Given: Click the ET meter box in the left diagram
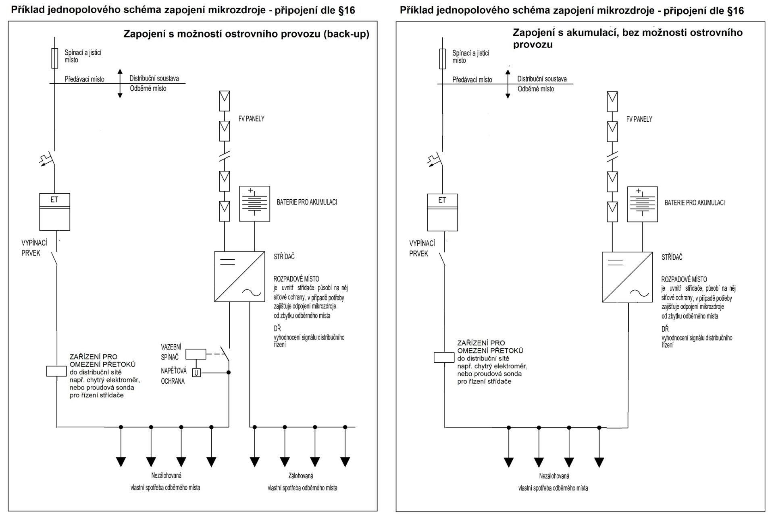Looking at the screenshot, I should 54,211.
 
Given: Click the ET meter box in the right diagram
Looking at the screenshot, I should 442,212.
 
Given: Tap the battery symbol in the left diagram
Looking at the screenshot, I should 254,204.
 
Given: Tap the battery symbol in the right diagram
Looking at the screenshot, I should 642,205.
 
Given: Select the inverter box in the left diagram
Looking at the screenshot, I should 239,277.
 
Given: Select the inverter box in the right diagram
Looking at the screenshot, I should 627,277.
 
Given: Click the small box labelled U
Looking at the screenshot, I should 196,373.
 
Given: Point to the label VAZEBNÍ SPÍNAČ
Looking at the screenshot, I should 171,352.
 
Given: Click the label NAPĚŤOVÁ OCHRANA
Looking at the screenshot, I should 173,376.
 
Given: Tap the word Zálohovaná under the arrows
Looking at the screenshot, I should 301,476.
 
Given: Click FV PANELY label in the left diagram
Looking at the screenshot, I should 251,119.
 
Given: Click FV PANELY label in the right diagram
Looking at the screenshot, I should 639,119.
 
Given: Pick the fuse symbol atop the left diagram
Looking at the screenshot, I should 55,58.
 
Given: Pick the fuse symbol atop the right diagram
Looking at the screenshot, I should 443,59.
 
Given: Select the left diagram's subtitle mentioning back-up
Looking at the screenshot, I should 246,34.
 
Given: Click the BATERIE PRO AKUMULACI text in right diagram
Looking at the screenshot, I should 695,203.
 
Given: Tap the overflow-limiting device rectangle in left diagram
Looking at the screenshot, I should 56,371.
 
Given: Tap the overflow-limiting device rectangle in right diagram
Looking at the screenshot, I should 444,357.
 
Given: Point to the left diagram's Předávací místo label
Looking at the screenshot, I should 84,79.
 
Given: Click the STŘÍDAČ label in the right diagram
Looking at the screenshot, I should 672,257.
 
